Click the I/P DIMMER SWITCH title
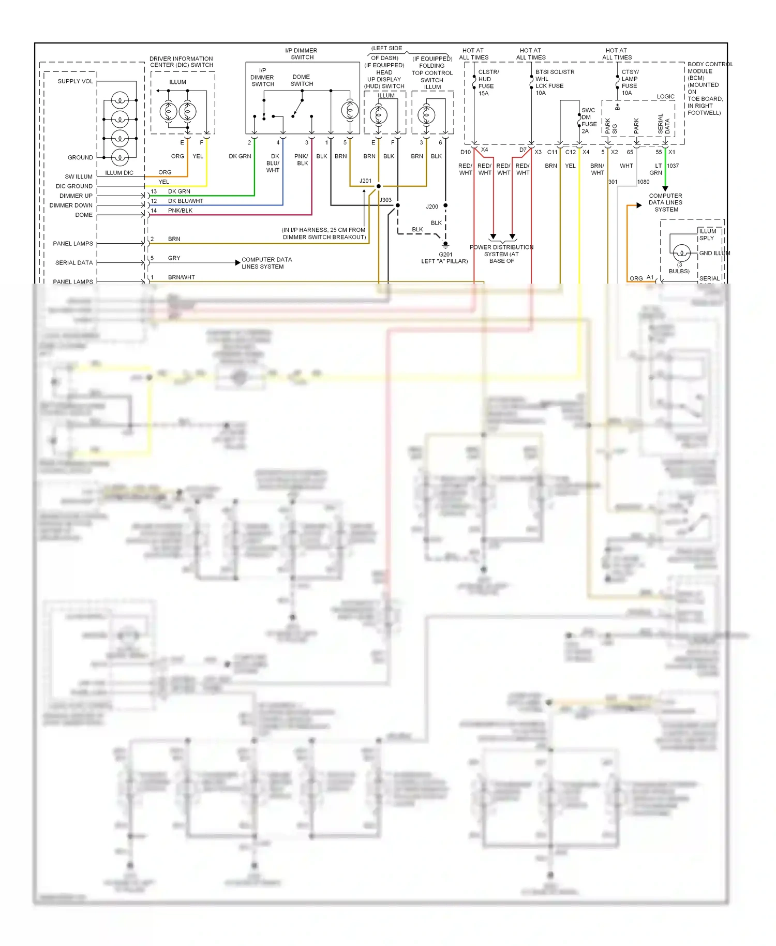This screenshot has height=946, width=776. coord(302,54)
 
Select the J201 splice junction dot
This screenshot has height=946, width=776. coord(379,186)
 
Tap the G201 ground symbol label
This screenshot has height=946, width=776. coord(445,254)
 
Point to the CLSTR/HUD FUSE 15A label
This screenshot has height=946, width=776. coord(487,83)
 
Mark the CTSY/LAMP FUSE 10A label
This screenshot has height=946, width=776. coord(630,82)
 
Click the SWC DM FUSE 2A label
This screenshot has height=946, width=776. coord(589,121)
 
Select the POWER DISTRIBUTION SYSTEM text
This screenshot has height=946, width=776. coord(501,254)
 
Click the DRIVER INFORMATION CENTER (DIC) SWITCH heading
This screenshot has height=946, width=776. coord(181,62)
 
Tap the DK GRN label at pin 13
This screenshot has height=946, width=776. coord(179,191)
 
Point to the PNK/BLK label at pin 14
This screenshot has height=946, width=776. coord(180,211)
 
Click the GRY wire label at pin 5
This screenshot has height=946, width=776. coord(174,258)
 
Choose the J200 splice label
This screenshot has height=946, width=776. coord(432,206)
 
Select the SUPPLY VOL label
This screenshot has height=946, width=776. coord(75,81)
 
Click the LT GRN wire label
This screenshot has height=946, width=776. coord(656,169)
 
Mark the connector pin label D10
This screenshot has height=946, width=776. coord(466,152)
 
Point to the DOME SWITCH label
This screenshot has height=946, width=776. coord(301,80)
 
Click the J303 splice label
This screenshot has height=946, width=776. coord(386,200)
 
